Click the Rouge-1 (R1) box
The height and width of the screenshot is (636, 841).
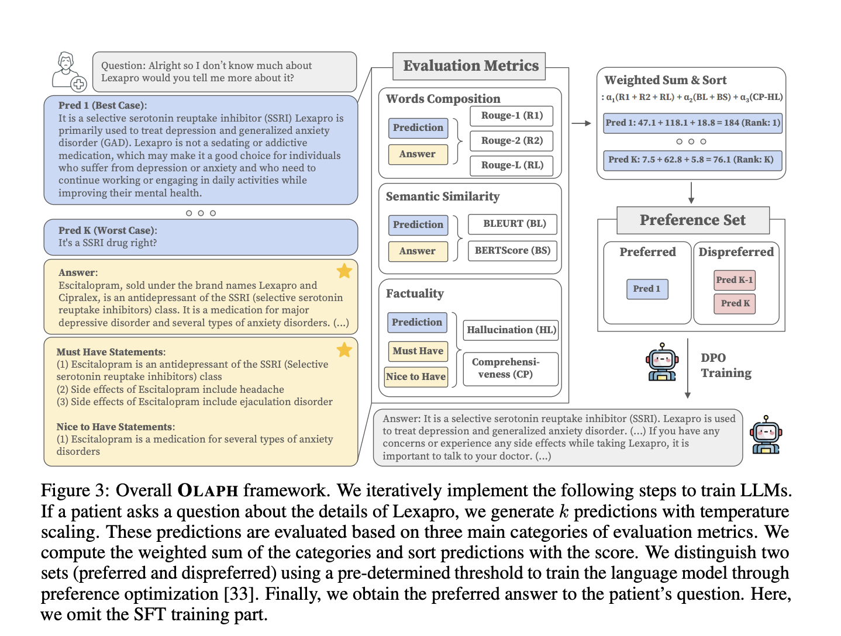512,116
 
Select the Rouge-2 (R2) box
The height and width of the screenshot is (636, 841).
512,141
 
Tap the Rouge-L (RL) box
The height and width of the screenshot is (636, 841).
512,165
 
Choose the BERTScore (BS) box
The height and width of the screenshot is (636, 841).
512,251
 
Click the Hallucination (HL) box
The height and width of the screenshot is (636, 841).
511,330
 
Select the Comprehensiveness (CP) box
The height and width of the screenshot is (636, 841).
511,368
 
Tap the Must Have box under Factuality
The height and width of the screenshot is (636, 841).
418,351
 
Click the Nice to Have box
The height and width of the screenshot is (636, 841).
416,376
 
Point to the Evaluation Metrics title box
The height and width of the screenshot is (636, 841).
470,66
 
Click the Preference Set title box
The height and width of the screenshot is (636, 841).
692,220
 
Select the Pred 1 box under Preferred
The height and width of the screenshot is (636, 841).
646,289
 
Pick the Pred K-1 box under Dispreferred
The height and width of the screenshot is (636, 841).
735,280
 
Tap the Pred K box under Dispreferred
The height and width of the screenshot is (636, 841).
735,303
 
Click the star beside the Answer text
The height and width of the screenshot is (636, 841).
344,271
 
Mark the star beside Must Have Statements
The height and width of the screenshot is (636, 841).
344,350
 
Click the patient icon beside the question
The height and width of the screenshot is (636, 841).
68,71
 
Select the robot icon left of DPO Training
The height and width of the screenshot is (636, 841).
661,362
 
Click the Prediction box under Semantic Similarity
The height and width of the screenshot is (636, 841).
418,225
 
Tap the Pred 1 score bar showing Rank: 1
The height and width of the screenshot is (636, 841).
692,123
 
